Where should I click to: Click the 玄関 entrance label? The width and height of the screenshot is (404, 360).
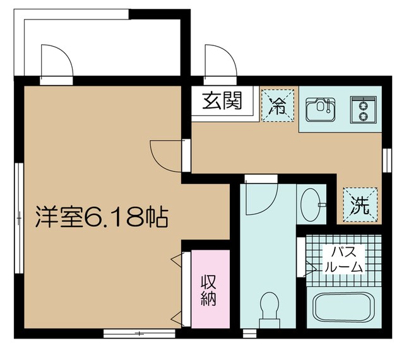click(x=222, y=102)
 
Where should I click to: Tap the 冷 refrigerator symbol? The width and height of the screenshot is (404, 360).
click(x=278, y=103)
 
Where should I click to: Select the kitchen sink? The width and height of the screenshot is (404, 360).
click(x=321, y=109)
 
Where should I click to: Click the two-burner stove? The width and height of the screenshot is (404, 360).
click(x=362, y=109)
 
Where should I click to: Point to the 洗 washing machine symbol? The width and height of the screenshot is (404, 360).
click(x=360, y=205)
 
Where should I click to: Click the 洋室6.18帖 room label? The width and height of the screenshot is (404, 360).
click(x=100, y=218)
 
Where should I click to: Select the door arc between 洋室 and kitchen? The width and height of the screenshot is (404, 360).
click(x=165, y=155)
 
